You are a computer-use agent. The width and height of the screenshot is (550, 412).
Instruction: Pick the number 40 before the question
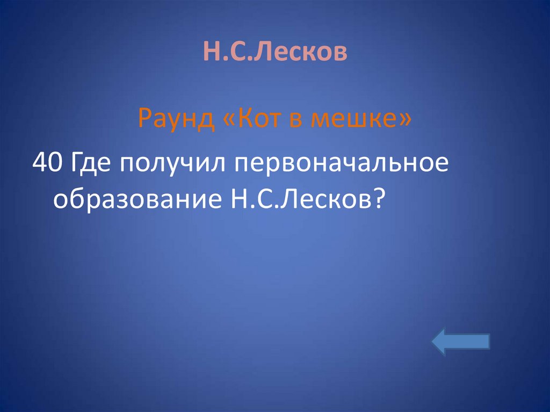(48, 162)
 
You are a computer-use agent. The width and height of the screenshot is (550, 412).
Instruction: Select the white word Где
(92, 163)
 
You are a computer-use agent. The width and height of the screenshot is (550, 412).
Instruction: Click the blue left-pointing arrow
(461, 342)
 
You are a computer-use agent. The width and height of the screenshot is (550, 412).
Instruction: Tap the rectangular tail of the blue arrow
(473, 342)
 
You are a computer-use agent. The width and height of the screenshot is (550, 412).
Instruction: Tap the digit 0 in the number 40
(56, 162)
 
